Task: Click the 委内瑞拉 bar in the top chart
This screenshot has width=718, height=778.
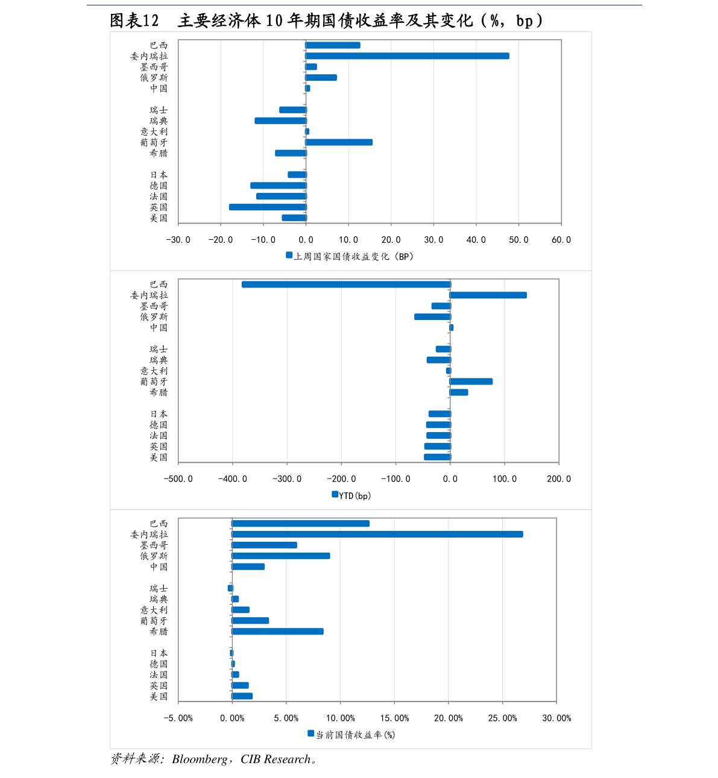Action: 407,56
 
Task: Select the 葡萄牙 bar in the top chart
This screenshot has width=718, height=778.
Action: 339,142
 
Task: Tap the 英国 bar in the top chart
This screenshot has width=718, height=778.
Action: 268,207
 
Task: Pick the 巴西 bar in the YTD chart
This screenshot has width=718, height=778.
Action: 346,284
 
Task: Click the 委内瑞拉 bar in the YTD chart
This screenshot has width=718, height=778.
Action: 488,295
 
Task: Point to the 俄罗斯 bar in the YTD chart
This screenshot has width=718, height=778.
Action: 432,317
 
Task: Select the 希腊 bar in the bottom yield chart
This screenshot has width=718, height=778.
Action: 277,632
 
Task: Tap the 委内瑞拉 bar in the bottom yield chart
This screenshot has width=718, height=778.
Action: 377,535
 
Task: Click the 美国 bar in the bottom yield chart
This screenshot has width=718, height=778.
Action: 242,696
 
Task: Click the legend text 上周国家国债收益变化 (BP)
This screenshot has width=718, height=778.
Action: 353,257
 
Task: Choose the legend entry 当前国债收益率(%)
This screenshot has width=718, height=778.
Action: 355,735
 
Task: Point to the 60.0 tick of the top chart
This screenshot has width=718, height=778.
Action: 561,240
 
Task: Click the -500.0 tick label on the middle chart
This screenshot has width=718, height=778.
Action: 178,479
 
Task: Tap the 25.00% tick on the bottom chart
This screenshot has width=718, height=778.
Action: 502,718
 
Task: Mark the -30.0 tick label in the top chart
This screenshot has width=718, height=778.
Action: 178,240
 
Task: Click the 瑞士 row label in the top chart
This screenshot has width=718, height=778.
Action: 159,110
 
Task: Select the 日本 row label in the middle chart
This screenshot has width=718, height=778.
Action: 159,414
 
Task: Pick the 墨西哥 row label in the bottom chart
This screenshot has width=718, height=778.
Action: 154,545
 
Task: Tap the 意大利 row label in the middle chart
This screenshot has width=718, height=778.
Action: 154,371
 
